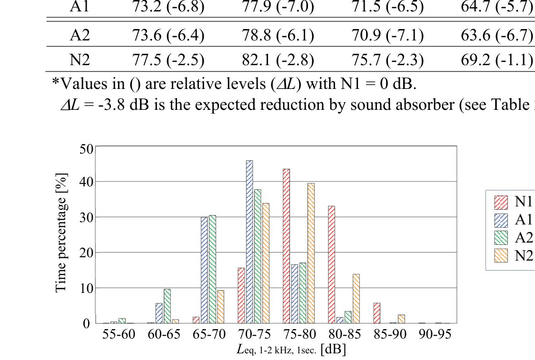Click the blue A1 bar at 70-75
(x=249, y=242)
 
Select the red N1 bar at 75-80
(x=286, y=246)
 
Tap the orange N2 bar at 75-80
(x=311, y=253)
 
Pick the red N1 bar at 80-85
(x=331, y=264)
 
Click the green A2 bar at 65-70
(x=212, y=269)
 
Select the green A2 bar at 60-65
(x=167, y=306)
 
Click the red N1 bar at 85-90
(x=377, y=313)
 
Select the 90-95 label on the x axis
(x=436, y=334)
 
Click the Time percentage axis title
(x=61, y=233)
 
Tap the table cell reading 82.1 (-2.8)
(x=278, y=59)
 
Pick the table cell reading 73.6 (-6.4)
(x=168, y=35)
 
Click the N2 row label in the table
(x=79, y=59)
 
